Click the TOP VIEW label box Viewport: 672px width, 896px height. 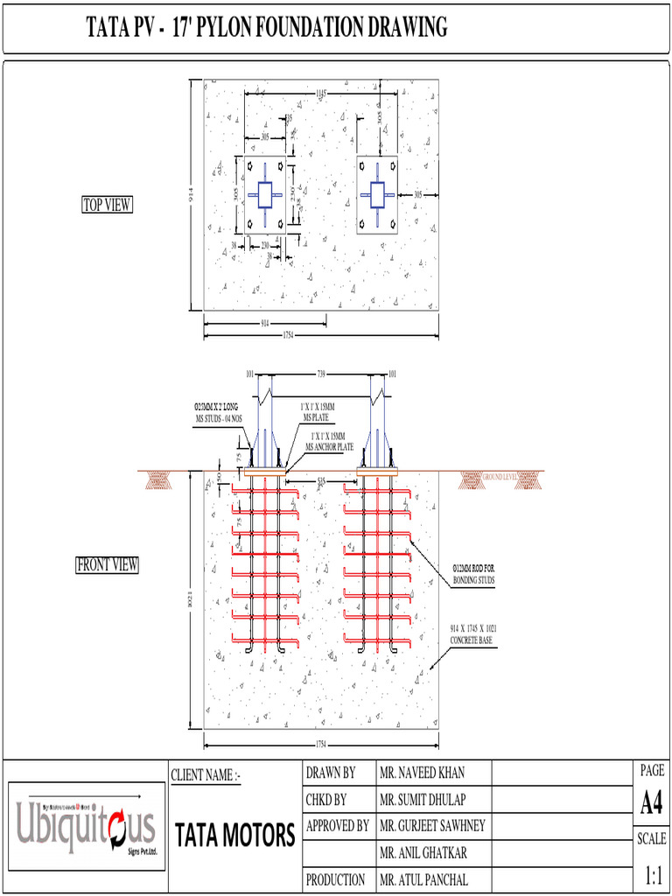pos(107,205)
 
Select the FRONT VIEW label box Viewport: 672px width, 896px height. pos(107,565)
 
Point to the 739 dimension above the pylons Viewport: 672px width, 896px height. pos(320,374)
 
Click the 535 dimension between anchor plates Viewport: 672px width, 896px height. pos(321,480)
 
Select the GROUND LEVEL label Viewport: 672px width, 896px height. pos(500,477)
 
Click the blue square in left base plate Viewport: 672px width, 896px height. pos(264,194)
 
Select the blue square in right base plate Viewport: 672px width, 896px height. pos(377,194)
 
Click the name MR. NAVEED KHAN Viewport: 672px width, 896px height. pos(422,773)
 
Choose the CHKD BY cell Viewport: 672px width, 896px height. pos(326,799)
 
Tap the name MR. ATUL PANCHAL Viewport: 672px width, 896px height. pos(423,879)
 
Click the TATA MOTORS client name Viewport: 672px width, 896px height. pos(234,836)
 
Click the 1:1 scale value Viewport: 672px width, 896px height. pos(652,874)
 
